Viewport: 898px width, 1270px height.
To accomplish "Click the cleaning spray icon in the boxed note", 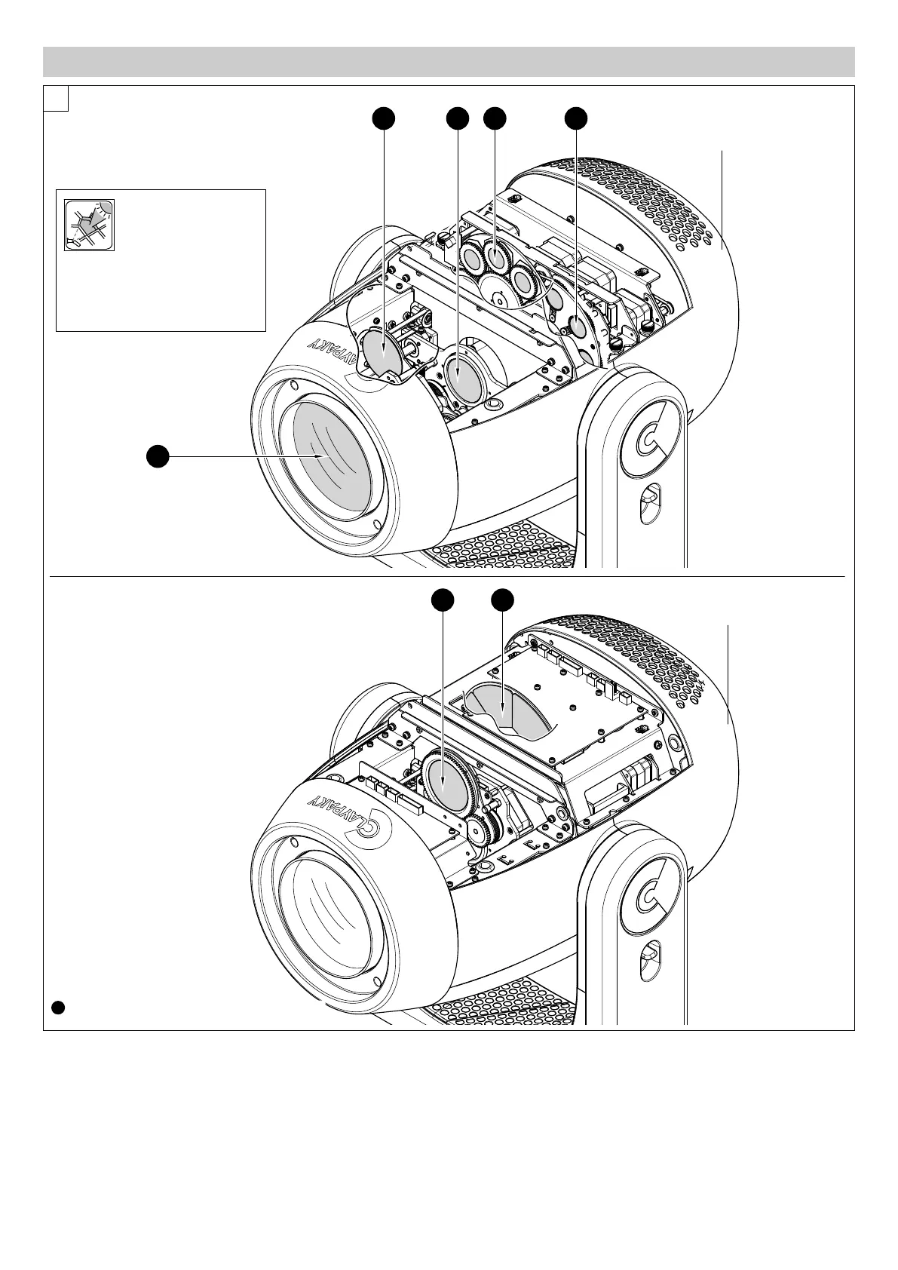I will point(89,225).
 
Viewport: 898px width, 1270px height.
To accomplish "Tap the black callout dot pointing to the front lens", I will point(157,456).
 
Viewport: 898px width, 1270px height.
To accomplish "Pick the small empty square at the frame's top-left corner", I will point(57,98).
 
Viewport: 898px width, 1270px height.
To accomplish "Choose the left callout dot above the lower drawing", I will point(443,600).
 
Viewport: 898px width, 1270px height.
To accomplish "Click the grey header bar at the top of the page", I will point(449,62).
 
